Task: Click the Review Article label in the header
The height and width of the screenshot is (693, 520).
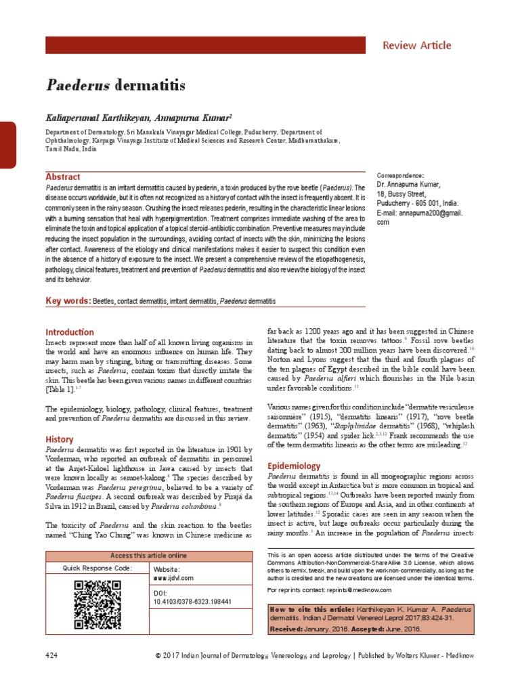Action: coord(416,45)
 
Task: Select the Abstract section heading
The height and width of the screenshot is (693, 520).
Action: coord(62,177)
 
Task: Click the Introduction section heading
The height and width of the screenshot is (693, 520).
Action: coord(70,332)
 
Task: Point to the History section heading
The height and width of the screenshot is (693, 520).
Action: coord(60,439)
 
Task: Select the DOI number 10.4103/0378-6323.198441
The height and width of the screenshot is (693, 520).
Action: coord(193,601)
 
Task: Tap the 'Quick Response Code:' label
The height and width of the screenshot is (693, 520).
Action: coord(97,568)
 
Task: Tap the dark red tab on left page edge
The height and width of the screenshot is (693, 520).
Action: coord(7,146)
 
